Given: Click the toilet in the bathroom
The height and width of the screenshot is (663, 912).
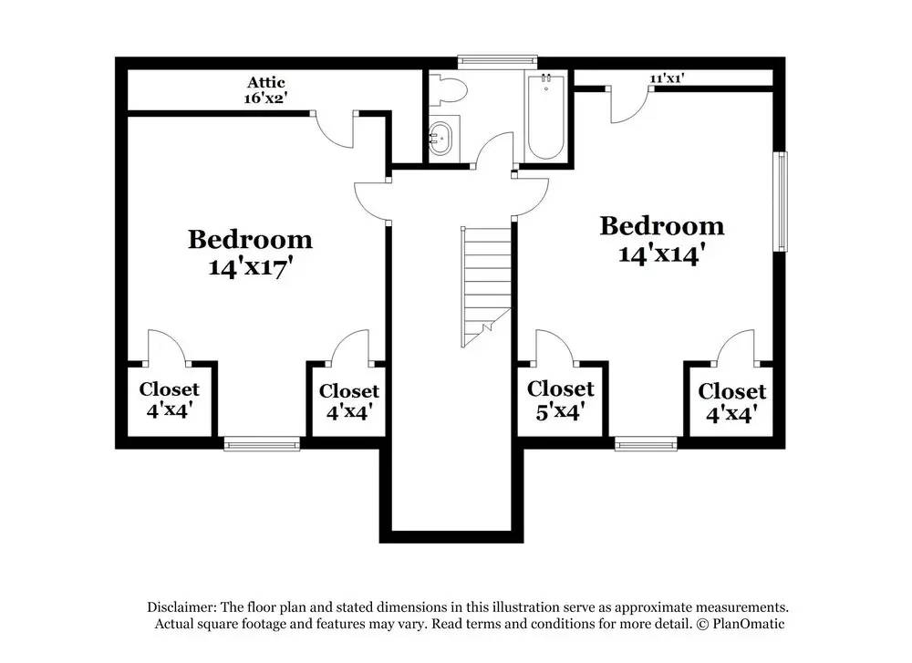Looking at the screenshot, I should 449,89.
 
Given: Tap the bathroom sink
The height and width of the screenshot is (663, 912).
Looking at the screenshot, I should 441,139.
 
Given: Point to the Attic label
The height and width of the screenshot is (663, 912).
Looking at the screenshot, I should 265,83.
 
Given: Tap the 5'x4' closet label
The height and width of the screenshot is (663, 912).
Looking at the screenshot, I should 560,411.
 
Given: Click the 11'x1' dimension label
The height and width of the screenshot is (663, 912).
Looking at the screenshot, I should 667,78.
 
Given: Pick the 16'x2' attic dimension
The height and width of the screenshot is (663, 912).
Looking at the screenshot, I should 265,98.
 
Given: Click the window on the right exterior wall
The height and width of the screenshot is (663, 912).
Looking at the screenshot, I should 781,202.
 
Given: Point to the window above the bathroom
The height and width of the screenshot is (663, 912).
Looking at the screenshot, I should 497,61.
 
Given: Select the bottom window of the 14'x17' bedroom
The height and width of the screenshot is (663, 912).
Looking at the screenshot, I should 262,444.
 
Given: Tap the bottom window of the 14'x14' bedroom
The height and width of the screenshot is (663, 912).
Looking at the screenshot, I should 646,444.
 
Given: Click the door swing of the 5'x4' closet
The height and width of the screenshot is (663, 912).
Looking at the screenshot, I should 551,347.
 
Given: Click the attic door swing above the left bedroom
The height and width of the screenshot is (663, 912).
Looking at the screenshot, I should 336,130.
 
